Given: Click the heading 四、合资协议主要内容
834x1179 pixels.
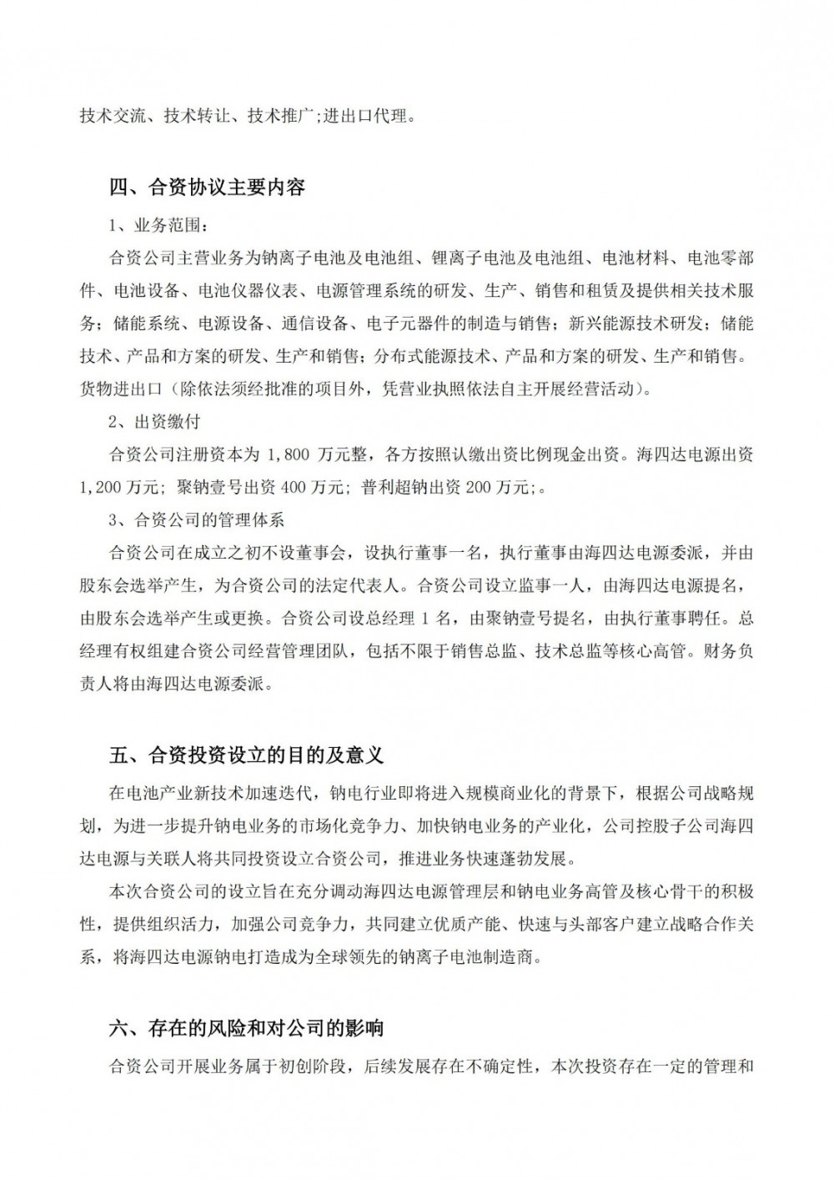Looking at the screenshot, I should [x=208, y=187].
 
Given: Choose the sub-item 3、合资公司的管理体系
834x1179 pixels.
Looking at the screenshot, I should [x=198, y=519].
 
